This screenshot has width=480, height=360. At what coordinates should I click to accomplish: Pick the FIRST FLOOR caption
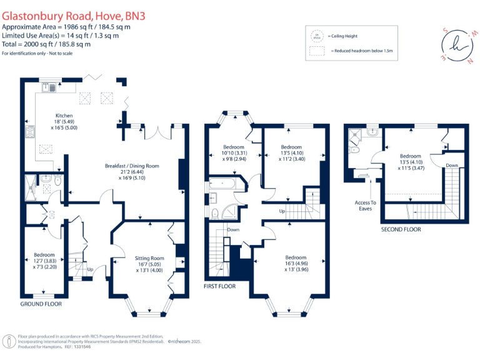pyautogui.click(x=219, y=286)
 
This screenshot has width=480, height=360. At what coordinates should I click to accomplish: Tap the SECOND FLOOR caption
pyautogui.click(x=401, y=229)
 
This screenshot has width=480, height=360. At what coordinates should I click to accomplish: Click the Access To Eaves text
pyautogui.click(x=366, y=206)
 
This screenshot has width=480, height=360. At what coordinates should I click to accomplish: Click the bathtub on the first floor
pyautogui.click(x=222, y=185)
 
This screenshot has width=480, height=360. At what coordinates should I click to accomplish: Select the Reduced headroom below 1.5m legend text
pyautogui.click(x=356, y=50)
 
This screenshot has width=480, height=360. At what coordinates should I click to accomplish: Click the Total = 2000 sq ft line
pyautogui.click(x=46, y=44)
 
